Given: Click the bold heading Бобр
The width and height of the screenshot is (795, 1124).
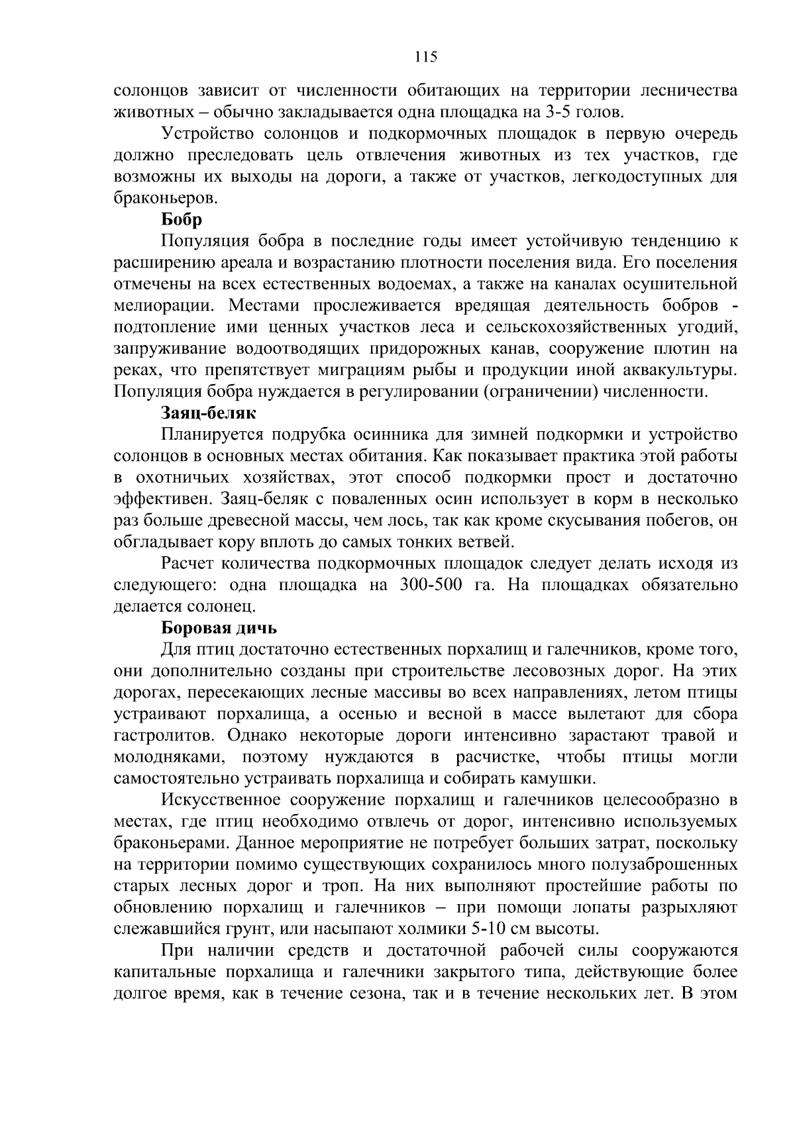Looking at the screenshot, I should (182, 219).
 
